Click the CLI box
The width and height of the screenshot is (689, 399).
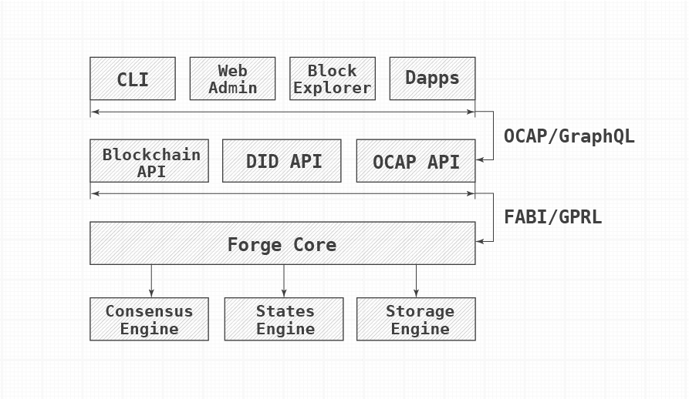(133, 79)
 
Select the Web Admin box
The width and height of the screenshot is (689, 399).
(232, 79)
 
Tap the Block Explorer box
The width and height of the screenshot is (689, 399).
(333, 79)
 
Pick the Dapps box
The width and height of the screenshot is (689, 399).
(432, 79)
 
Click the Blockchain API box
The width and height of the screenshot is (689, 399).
(150, 161)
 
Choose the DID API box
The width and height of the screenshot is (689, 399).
(282, 161)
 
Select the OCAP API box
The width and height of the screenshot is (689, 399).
(416, 161)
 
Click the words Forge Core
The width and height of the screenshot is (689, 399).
(282, 245)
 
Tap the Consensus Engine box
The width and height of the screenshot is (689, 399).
(150, 319)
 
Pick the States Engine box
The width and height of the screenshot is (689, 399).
(284, 319)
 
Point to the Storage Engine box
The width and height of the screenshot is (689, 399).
(416, 319)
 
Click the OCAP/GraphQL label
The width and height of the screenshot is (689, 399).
(569, 136)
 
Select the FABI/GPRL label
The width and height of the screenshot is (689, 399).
(552, 217)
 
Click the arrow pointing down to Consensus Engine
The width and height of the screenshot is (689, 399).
(151, 281)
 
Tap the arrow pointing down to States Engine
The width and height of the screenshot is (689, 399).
(284, 281)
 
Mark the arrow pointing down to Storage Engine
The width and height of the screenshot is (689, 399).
(416, 281)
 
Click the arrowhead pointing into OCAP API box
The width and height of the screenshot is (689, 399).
(479, 159)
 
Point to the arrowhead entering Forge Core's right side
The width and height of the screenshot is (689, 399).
(479, 241)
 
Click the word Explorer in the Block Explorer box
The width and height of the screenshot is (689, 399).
(333, 88)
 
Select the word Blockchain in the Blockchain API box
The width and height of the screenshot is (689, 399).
(151, 154)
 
